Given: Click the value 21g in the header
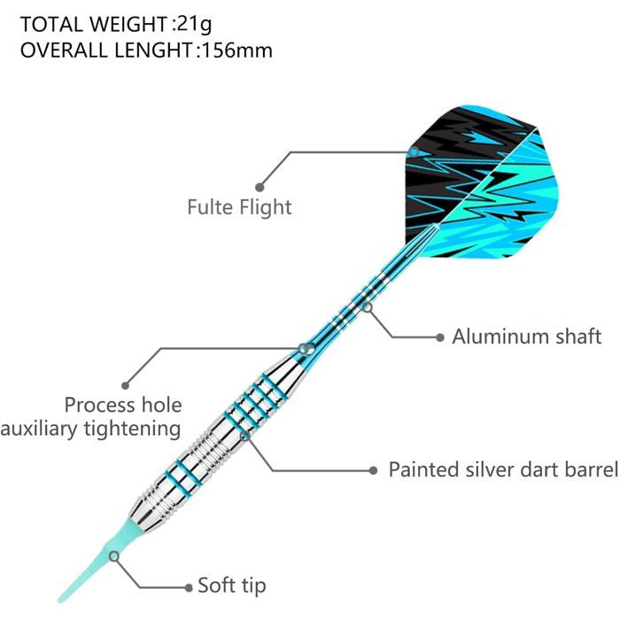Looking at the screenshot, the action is coord(195,25).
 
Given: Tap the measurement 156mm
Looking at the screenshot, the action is coord(237,50).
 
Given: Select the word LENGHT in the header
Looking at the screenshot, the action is coord(153,50).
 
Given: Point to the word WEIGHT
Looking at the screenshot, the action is coord(128,25).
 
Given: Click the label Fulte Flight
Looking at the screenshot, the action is coord(239,207).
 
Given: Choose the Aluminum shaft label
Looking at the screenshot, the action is coord(527,337).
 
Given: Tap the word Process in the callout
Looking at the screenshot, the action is coord(99,405).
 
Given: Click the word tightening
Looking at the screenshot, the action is coord(133,430).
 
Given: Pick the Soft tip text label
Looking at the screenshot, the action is coord(232,586).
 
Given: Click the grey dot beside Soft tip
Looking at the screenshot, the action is coord(189,587).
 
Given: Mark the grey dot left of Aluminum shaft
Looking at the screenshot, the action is coord(439,337).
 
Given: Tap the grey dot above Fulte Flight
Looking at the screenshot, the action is coord(260,187).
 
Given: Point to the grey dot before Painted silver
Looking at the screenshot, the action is coord(373,470).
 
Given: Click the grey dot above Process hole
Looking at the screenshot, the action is coord(126,385).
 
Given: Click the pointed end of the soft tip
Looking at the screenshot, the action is coord(60,601).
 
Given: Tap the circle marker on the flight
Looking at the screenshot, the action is coord(414,151).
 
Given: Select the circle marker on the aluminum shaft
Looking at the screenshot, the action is coord(368,306).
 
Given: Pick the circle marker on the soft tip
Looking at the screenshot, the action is coord(114,556).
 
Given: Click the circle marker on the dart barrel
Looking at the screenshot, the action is coord(245,436).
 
